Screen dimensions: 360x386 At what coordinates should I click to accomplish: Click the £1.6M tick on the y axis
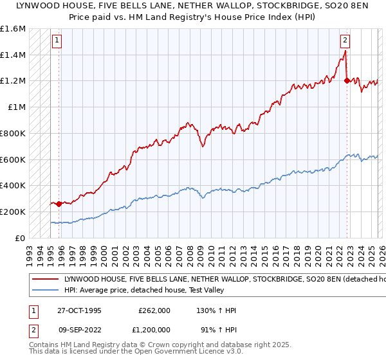[13, 29]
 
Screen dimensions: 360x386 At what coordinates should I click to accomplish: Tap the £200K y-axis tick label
[13, 212]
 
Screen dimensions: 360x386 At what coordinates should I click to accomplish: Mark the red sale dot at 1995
[59, 204]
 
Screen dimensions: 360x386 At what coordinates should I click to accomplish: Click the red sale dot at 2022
[347, 81]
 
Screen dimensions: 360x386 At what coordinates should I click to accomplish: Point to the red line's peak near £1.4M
[344, 53]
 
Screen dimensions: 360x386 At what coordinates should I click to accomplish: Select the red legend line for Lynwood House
[45, 280]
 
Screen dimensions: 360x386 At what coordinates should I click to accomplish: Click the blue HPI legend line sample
[45, 291]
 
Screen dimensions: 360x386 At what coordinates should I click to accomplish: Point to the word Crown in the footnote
[144, 346]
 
